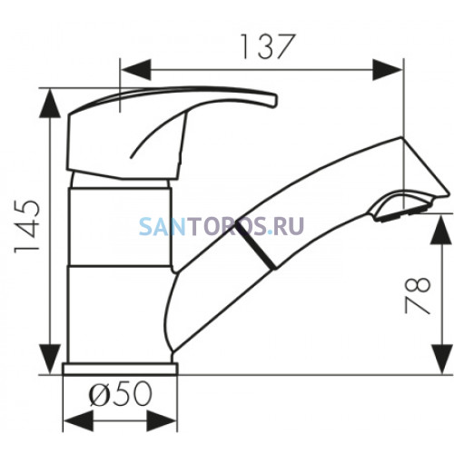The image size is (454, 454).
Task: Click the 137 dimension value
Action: coord(268,46)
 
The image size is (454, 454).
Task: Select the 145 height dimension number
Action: coord(27,226)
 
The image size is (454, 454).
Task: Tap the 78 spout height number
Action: coord(418,295)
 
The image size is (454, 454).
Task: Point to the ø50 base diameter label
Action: coord(120,393)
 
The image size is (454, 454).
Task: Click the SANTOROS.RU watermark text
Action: coord(222,226)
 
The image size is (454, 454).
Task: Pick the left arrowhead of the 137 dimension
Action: coord(135,70)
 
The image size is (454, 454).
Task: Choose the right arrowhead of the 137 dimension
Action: coord(388,70)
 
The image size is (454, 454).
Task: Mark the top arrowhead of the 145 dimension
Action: coord(50,104)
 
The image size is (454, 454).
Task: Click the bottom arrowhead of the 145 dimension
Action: coord(50,360)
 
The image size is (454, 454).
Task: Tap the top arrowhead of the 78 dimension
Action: coord(443,230)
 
